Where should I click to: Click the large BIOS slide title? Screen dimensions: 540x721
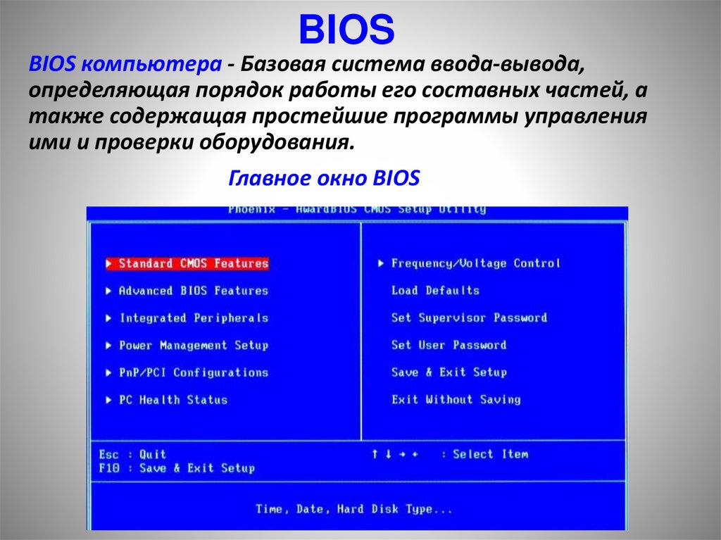347,30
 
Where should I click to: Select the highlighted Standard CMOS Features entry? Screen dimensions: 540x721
193,263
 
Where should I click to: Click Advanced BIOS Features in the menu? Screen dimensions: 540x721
193,291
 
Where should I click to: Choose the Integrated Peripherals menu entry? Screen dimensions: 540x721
193,318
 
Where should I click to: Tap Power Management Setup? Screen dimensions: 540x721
193,346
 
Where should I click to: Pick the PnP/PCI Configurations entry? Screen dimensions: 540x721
193,372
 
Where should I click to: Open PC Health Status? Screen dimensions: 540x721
173,400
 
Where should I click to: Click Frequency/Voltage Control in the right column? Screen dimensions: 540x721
475,263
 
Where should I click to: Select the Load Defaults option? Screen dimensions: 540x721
435,290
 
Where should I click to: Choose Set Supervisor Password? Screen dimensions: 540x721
469,318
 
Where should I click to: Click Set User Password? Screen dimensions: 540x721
449,345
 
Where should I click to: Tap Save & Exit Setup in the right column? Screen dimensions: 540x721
449,372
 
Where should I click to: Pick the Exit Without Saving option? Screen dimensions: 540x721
456,400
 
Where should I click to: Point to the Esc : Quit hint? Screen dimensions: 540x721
132,454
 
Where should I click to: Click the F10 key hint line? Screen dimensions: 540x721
176,468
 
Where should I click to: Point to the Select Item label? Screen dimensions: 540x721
490,454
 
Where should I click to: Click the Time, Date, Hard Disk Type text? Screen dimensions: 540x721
354,509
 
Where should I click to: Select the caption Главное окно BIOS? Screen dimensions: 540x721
325,178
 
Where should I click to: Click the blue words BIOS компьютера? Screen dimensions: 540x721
124,65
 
